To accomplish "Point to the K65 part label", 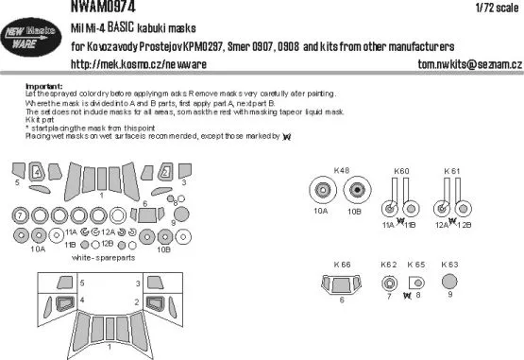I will click(x=417, y=265).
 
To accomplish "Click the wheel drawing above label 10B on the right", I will click(x=357, y=192).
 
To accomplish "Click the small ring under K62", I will click(x=389, y=282).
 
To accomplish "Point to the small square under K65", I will click(x=418, y=282).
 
